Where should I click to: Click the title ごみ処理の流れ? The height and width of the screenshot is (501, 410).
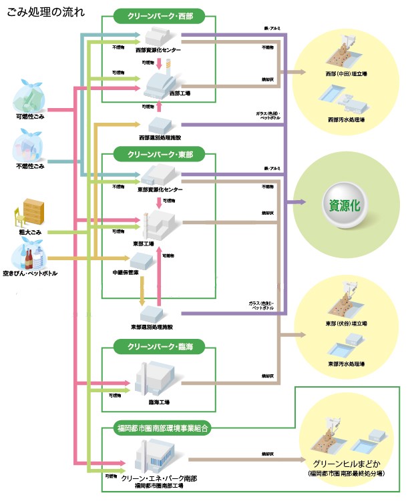45,11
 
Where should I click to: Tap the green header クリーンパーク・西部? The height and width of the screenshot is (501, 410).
158,15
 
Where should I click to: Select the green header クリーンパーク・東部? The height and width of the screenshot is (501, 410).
158,154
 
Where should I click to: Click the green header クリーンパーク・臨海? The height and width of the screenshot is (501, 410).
158,346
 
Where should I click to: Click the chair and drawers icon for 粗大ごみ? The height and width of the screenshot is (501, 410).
31,213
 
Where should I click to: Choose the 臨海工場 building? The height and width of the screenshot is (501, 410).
158,380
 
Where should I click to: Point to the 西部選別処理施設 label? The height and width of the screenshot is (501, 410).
160,137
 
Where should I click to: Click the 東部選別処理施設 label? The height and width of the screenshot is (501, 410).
153,327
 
